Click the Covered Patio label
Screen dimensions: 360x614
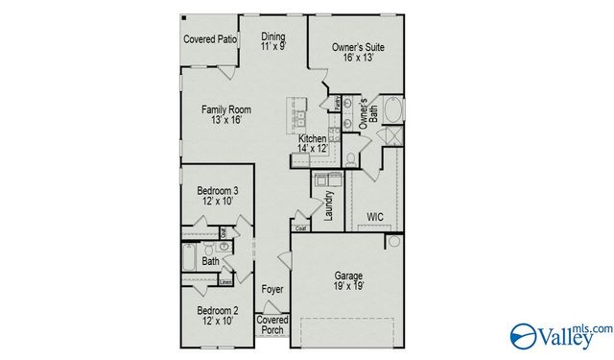[x=210, y=40]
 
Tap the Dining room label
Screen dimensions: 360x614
[x=273, y=36]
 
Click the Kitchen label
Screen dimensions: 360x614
[x=312, y=139]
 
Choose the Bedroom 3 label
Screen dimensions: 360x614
[x=217, y=191]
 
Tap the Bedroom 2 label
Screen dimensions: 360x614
[x=217, y=311]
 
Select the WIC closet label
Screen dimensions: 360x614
[x=375, y=217]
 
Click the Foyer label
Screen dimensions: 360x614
[x=272, y=288]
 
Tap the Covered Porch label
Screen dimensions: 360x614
[x=272, y=324]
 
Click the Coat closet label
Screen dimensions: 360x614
[x=300, y=228]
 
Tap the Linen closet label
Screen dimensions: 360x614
[x=225, y=282]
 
